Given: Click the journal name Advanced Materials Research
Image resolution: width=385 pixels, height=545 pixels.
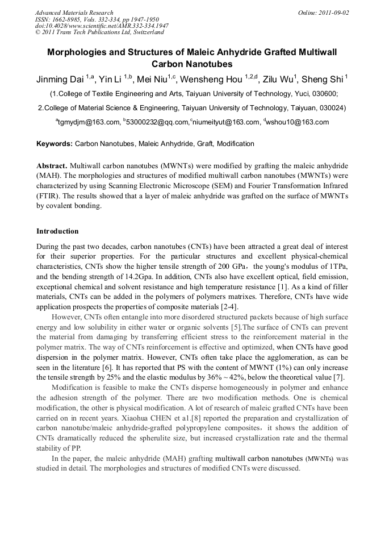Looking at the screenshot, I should tap(74, 13).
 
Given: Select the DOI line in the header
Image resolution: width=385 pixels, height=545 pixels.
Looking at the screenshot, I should tap(102, 26).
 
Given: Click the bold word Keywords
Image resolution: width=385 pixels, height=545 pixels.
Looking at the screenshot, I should tap(55, 144).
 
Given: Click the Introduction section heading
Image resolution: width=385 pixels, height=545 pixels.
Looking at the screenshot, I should tap(57, 231).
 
